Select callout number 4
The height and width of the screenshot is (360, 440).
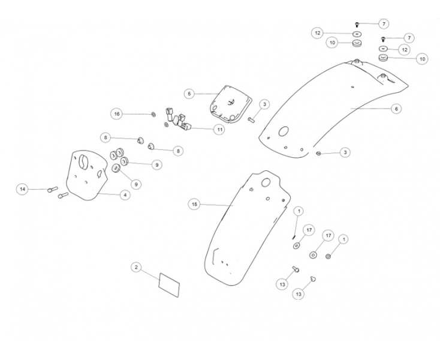[x=125, y=195]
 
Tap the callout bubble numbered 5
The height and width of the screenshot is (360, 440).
[x=189, y=94]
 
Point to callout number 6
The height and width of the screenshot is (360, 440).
[x=396, y=109]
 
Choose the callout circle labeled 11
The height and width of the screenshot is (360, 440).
[x=220, y=129]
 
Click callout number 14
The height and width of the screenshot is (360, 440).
[x=23, y=190]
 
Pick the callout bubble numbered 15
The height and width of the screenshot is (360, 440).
[x=194, y=205]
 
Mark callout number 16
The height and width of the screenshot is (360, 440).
[x=117, y=113]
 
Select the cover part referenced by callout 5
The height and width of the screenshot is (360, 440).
[x=231, y=102]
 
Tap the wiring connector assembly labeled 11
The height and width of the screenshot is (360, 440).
[x=179, y=118]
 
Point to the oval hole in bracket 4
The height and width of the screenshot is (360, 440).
[x=84, y=161]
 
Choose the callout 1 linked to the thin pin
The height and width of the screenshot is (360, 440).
[x=299, y=211]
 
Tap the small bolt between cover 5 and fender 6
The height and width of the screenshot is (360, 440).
[x=252, y=119]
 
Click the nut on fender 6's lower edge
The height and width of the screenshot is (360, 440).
[x=318, y=154]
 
